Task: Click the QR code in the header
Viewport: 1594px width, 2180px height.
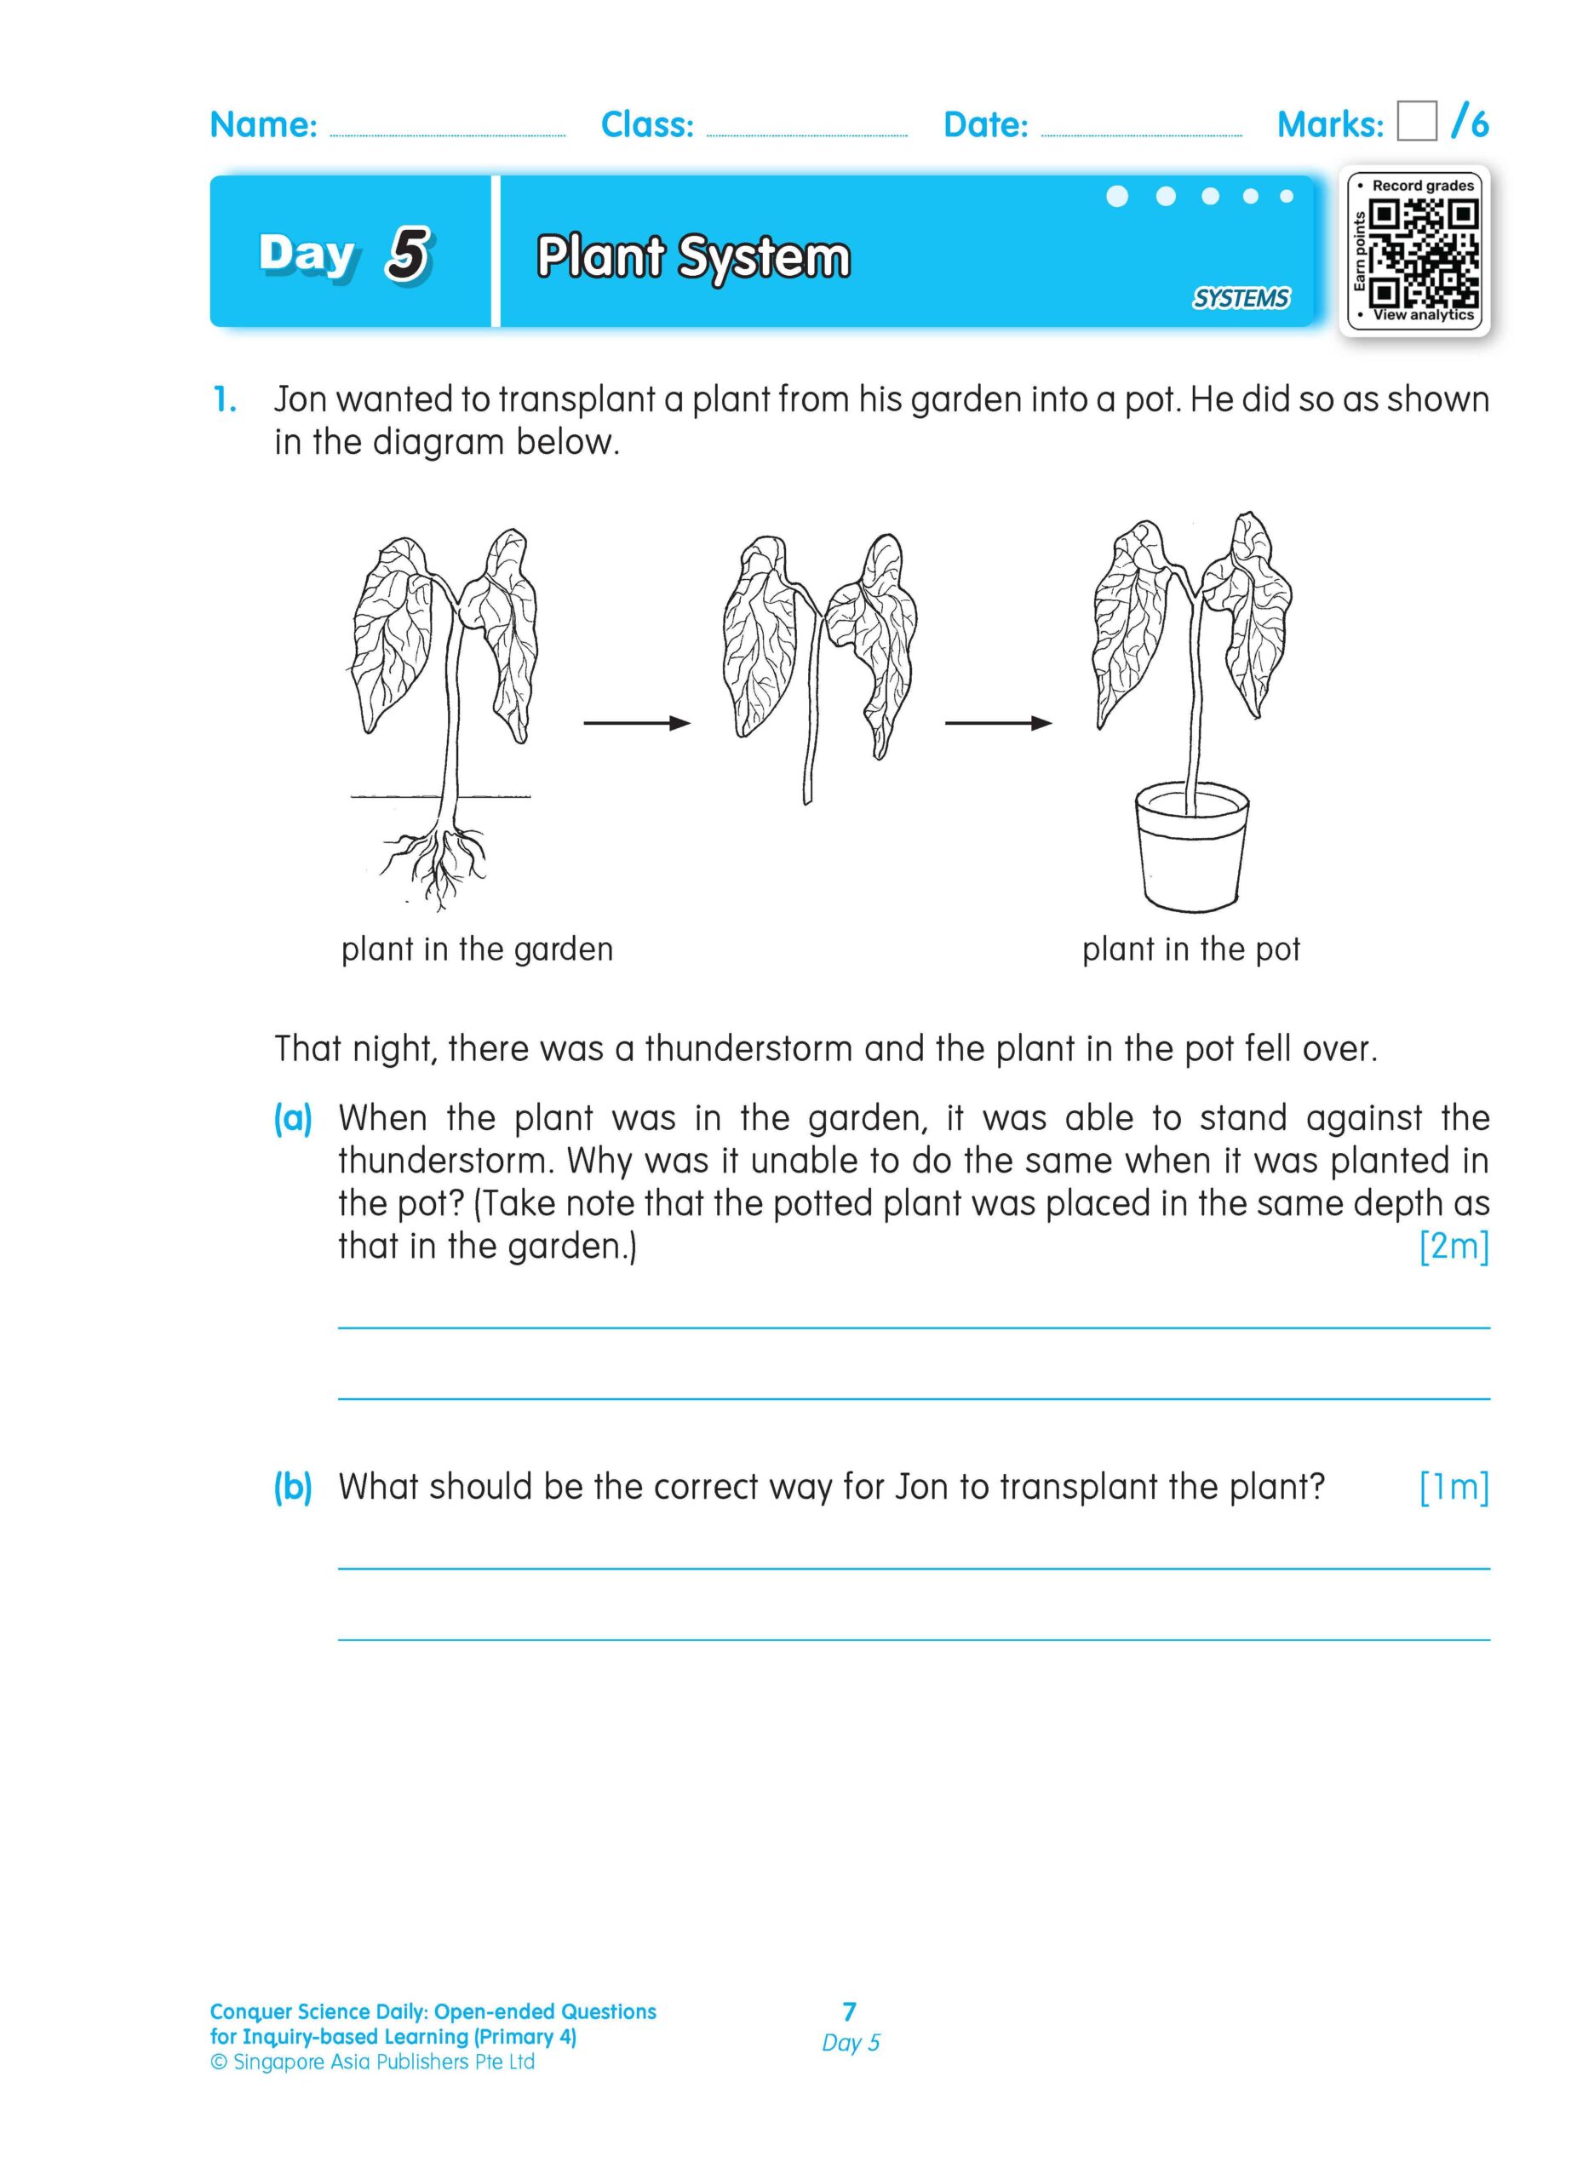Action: pos(1425,250)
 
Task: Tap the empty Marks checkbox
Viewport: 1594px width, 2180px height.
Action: pos(1416,122)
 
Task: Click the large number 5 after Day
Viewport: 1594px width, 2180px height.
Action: pos(408,255)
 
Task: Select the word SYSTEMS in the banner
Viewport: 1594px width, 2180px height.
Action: pos(1240,298)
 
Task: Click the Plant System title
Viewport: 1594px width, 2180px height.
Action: pos(693,258)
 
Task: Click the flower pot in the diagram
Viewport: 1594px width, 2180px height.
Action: pos(1191,849)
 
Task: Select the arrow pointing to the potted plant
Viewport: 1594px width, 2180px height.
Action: pos(998,723)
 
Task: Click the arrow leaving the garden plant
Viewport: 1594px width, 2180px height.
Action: pos(637,723)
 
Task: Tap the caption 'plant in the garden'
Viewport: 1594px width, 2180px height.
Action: pos(477,949)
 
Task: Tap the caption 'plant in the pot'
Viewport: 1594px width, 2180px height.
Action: pos(1190,949)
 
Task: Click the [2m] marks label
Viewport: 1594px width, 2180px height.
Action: pos(1454,1246)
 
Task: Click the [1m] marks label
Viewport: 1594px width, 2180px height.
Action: pos(1454,1487)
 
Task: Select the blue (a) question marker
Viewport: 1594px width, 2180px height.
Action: pos(292,1118)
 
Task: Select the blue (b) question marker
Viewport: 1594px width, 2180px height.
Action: pos(292,1487)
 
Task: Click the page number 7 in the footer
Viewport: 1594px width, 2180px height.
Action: pos(849,2011)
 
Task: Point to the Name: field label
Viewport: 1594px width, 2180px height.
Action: pos(263,124)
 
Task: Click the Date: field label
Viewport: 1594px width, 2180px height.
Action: pos(985,124)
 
